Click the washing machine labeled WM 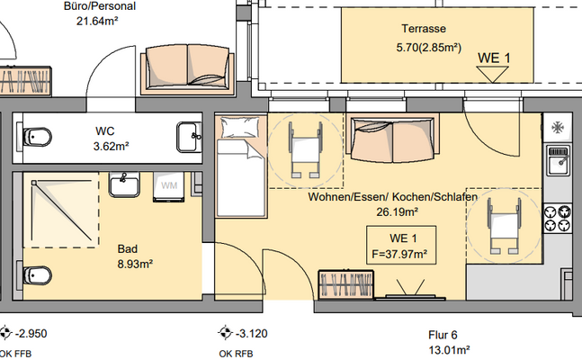[x=168, y=185]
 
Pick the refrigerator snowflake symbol [x=558, y=127]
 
